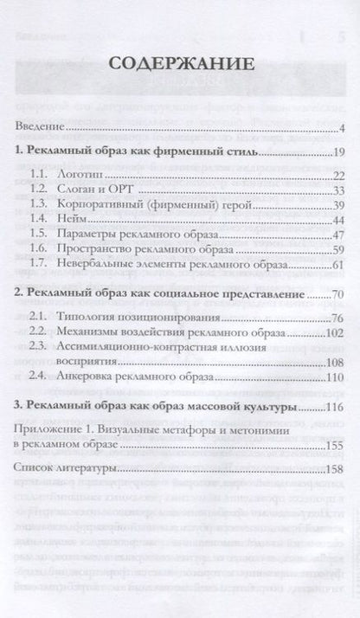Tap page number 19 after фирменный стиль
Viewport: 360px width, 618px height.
[340, 153]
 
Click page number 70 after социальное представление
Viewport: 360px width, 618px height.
[340, 296]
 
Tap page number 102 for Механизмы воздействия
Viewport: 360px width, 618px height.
[337, 333]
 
